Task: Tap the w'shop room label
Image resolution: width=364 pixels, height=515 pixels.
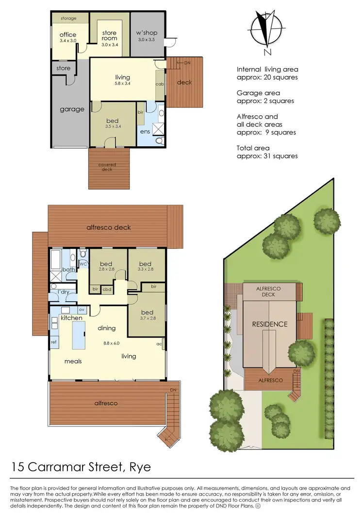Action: click(148, 33)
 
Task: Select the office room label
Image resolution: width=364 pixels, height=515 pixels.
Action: click(68, 35)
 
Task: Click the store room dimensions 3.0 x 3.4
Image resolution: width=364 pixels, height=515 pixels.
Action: click(110, 45)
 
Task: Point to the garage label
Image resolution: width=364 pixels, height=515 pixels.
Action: click(72, 109)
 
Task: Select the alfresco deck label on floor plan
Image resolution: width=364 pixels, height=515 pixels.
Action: click(109, 227)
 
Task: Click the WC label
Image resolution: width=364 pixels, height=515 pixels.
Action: click(83, 264)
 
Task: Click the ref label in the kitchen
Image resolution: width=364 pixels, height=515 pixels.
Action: click(54, 342)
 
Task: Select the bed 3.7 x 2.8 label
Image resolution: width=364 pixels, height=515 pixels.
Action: click(147, 315)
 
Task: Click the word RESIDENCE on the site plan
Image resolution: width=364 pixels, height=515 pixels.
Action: click(269, 324)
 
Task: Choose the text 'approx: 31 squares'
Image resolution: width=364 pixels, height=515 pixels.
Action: click(267, 156)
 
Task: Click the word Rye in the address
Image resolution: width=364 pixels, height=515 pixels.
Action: click(140, 467)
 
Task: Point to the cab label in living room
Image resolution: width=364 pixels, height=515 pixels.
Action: click(159, 84)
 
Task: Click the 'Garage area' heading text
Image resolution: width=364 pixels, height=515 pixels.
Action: click(258, 93)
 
